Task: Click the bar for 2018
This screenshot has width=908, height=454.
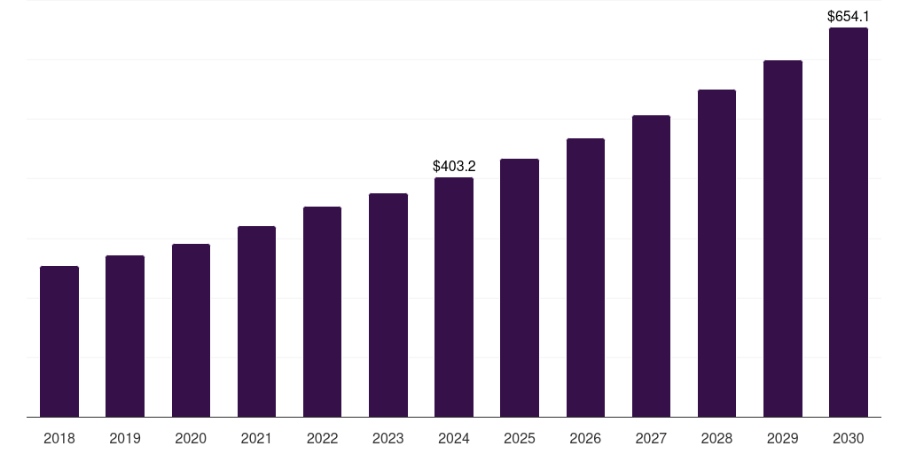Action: point(59,341)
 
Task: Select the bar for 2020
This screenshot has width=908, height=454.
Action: point(191,330)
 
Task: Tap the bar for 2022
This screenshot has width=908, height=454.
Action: point(322,311)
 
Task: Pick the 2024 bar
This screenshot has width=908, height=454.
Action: point(454,297)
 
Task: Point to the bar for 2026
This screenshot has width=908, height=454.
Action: point(585,278)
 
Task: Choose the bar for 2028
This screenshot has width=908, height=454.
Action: point(716,253)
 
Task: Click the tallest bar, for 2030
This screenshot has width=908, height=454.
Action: point(849,222)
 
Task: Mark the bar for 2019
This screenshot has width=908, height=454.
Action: point(125,336)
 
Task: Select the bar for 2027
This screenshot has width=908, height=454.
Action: point(651,266)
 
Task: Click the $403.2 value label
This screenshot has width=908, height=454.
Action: point(454,166)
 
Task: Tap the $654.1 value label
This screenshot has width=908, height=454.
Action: point(849,16)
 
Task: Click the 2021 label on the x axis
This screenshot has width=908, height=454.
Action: point(256,438)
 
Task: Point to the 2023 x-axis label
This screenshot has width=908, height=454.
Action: point(388,438)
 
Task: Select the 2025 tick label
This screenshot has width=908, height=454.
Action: point(520,438)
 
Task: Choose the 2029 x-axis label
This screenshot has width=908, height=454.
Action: point(783,438)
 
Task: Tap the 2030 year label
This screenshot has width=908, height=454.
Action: point(849,438)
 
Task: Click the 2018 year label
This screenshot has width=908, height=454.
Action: point(59,438)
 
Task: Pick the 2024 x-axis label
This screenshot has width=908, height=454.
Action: point(454,438)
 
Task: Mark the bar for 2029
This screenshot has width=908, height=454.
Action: point(783,239)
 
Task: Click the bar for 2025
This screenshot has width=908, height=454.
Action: point(520,287)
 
